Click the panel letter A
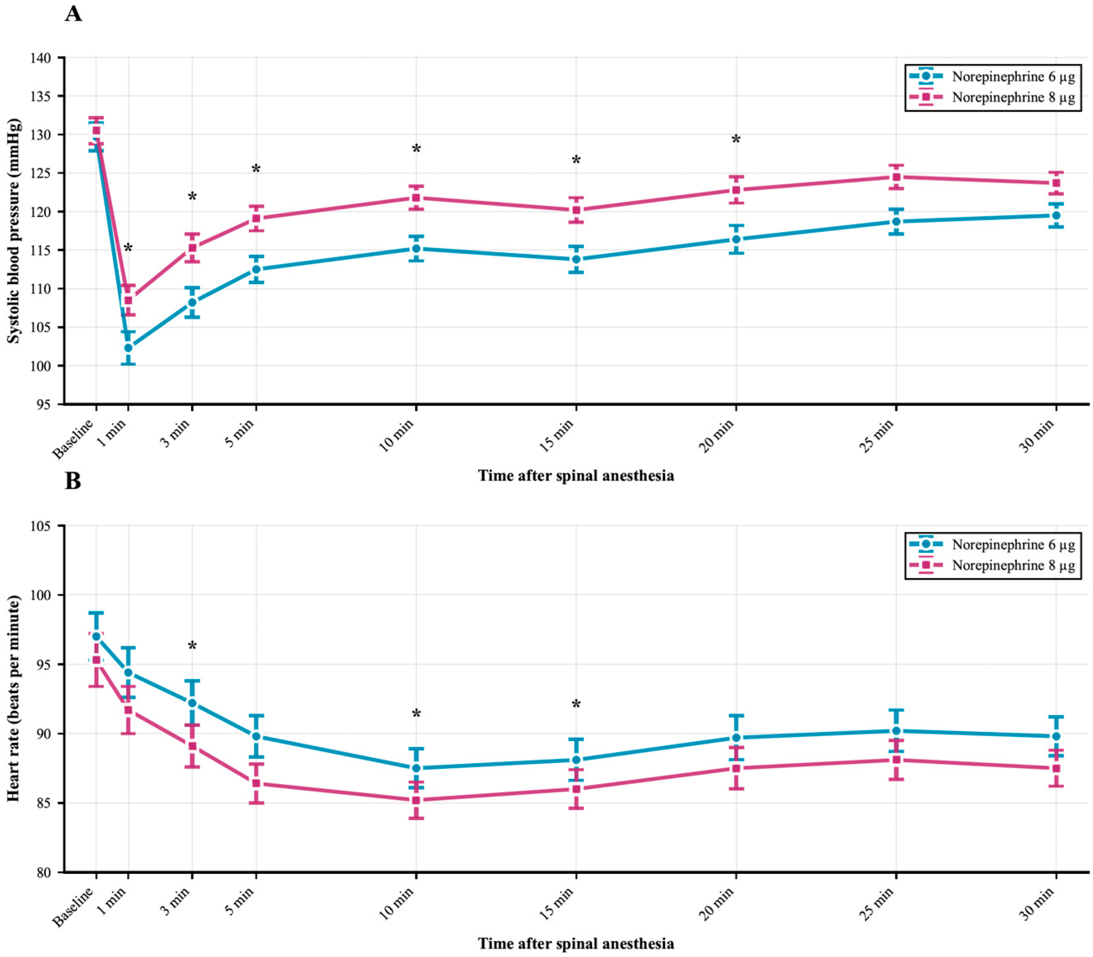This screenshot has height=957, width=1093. coord(74,13)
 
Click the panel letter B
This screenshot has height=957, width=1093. coord(73,481)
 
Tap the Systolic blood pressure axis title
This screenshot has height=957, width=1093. coord(14,231)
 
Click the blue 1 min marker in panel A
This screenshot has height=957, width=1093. coord(128,348)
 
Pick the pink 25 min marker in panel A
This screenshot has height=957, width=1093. coord(896,177)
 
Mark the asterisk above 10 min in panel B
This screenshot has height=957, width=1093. coord(416,714)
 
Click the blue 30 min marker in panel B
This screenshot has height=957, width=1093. coord(1056,737)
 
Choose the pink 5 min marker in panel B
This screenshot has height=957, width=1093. coord(256,783)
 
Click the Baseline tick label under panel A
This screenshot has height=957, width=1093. coord(73,439)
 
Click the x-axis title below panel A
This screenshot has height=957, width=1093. coord(576,475)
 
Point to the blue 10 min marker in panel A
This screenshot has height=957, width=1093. coord(416,248)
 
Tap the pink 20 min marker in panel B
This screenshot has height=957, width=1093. coord(736,768)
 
